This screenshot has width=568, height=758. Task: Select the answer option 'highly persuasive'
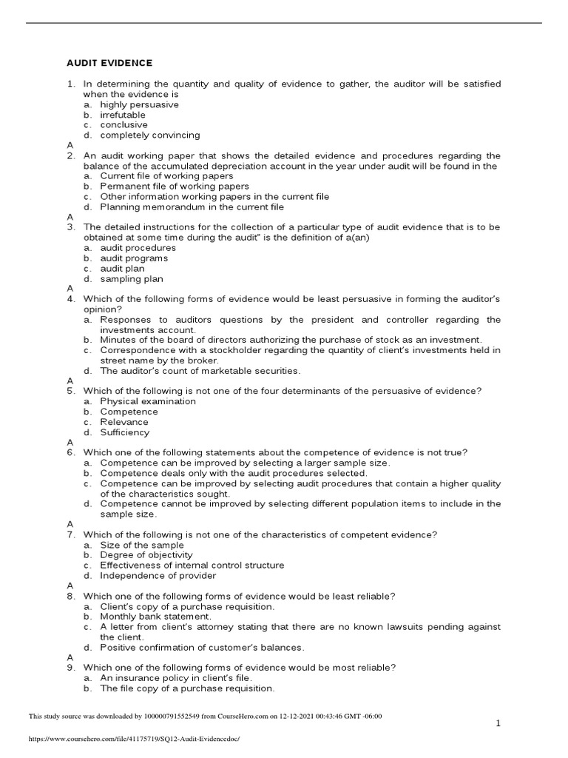[140, 105]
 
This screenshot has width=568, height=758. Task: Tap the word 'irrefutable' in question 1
[123, 115]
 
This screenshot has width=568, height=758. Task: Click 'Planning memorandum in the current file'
[192, 207]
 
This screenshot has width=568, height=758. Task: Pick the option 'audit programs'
[134, 258]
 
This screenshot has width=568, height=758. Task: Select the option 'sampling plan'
[132, 279]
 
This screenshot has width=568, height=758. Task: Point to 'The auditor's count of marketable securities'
[200, 370]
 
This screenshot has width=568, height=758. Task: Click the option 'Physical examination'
[148, 401]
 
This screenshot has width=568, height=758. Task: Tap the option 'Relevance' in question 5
[124, 422]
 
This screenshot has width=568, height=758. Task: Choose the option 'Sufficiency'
[125, 432]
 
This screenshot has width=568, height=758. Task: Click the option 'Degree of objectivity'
[146, 554]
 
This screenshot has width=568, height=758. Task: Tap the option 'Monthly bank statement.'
[156, 616]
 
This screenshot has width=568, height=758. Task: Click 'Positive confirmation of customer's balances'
[203, 647]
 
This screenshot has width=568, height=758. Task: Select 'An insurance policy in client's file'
[177, 677]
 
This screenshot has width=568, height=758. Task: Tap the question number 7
[71, 534]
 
